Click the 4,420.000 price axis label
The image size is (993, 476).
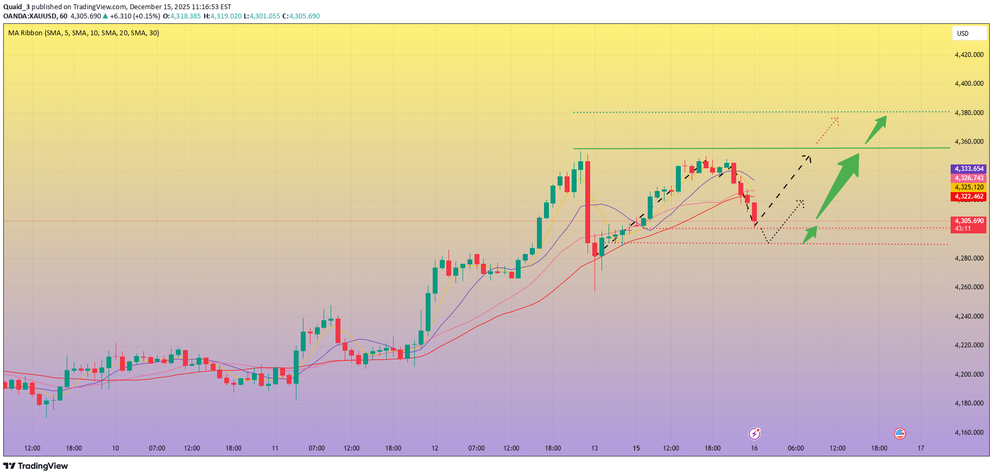969,55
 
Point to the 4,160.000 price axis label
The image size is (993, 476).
969,433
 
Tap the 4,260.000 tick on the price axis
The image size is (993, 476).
969,287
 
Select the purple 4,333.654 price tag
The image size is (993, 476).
969,169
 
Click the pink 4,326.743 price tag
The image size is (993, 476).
969,178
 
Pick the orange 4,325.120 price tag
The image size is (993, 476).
969,187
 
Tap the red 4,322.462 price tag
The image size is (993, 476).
969,196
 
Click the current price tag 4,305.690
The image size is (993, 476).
969,221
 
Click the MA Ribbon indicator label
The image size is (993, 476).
84,33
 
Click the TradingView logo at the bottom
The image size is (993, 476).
36,466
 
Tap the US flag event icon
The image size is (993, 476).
900,433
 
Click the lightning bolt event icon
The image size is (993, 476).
754,433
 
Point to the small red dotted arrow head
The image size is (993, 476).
836,120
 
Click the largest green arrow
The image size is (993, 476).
839,185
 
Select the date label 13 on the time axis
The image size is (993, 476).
594,448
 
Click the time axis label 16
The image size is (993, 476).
754,448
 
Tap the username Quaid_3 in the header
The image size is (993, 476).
16,7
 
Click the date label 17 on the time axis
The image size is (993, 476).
921,448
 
